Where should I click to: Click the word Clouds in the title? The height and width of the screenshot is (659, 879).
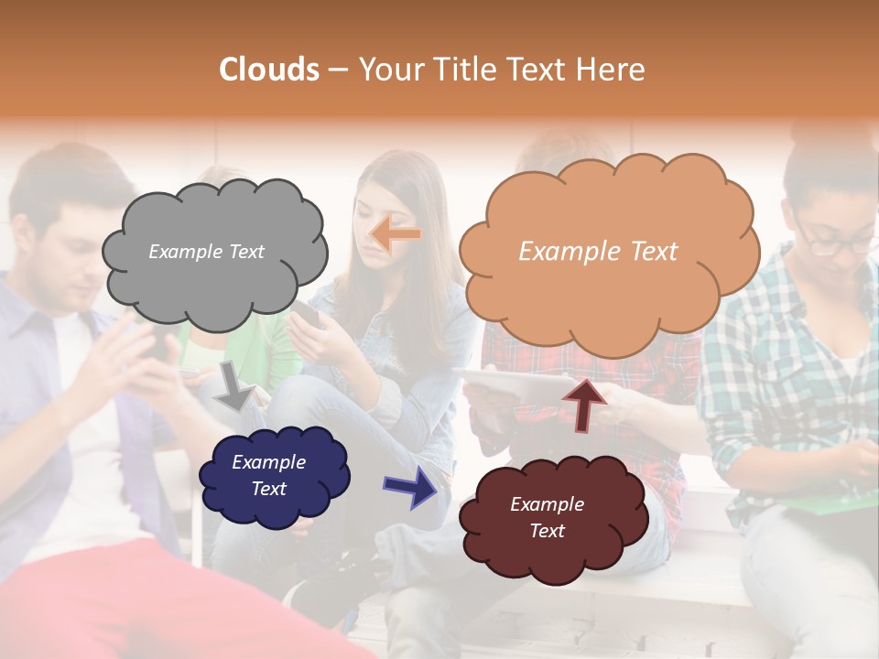(x=269, y=70)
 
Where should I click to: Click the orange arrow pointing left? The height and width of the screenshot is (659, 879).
(x=396, y=234)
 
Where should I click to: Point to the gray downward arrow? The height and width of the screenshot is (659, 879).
(x=235, y=385)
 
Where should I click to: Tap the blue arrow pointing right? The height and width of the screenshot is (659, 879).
(x=411, y=486)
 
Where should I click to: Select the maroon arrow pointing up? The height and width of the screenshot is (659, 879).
(x=584, y=404)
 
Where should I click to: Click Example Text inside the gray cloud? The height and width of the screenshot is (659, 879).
(x=206, y=252)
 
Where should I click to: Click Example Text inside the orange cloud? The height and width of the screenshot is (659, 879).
(x=598, y=252)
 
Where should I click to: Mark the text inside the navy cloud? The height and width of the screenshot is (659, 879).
(x=269, y=475)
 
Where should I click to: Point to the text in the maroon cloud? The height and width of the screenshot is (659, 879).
(x=547, y=517)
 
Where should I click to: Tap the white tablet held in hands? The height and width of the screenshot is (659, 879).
(x=513, y=384)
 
